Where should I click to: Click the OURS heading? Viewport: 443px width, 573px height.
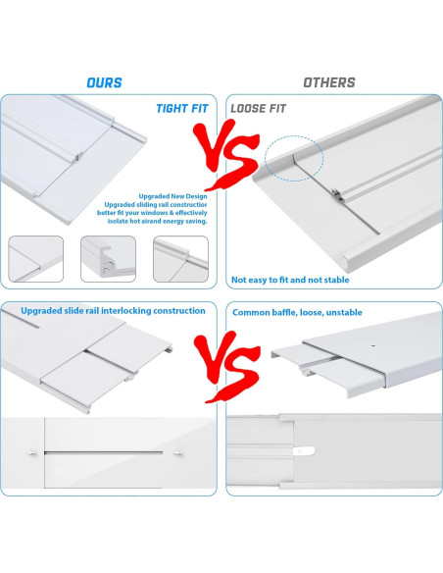click(x=105, y=83)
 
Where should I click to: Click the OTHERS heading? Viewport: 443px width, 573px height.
click(x=328, y=83)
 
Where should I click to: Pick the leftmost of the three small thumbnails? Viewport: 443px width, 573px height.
click(x=36, y=259)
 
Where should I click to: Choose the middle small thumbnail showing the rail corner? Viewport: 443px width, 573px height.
click(x=108, y=259)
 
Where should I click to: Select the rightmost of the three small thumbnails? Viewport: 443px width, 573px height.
click(x=180, y=259)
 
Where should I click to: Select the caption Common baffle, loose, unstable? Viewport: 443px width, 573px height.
click(x=297, y=312)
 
